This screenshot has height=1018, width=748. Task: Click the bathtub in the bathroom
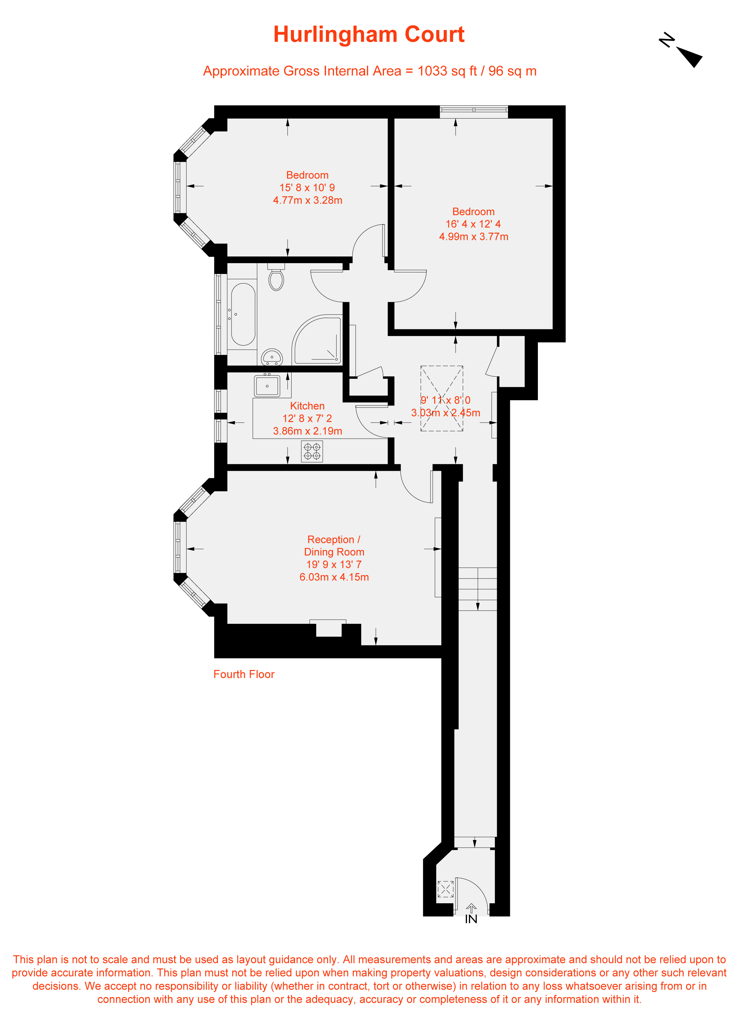point(243,315)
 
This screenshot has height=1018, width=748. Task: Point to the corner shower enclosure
point(317,339)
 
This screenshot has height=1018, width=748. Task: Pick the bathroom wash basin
point(272,357)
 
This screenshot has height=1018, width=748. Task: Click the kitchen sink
point(267,386)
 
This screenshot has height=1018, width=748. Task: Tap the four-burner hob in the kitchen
point(312,451)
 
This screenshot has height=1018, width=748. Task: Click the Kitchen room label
point(307,406)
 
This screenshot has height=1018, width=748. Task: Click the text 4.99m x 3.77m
point(474,237)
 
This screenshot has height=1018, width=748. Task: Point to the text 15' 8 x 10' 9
point(307,188)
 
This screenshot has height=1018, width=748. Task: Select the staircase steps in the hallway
point(478,589)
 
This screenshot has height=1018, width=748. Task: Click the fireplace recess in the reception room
point(328,628)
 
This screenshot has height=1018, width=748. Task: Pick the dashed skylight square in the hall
point(442,398)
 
